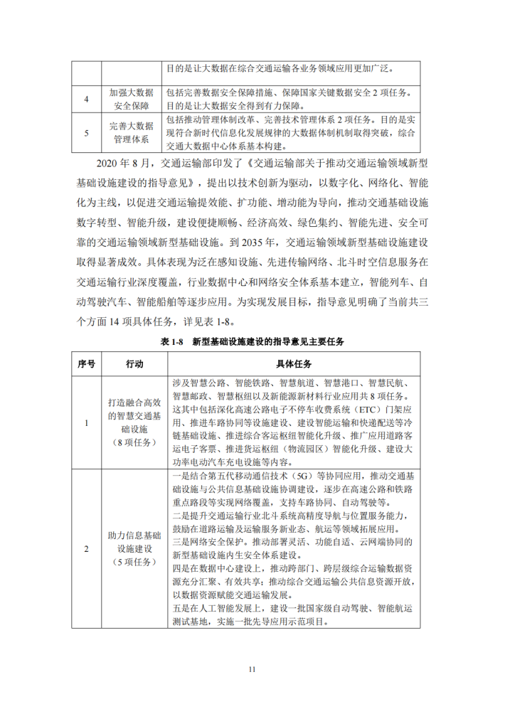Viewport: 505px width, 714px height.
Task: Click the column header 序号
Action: pos(86,364)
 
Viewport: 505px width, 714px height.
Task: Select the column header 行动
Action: pos(134,364)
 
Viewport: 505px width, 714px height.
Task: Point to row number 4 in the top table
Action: pos(86,100)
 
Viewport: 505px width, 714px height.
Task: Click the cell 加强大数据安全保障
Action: pos(131,100)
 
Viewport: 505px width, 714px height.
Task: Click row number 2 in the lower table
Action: pos(86,549)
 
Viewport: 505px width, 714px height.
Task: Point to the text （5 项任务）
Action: pos(134,563)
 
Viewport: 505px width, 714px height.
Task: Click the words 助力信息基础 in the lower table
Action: pos(134,534)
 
